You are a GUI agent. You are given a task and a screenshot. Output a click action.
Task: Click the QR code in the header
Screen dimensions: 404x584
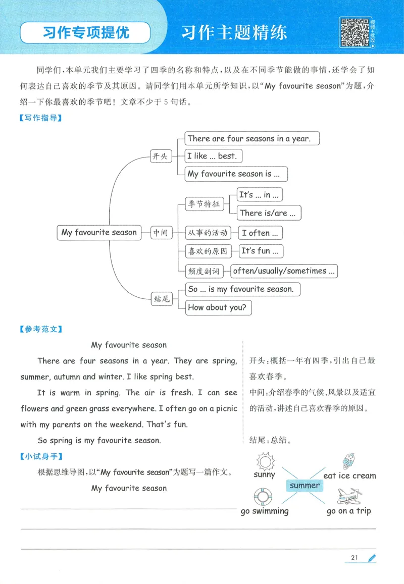[355, 32]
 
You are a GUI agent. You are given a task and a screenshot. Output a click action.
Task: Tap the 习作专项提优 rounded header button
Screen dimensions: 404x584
[85, 33]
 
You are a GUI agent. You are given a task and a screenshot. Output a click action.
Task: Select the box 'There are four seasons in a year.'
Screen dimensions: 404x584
[252, 138]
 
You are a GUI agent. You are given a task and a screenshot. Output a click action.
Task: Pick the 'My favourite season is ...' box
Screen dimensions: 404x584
[236, 174]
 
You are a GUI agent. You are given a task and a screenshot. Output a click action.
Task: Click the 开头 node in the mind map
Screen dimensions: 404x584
[160, 156]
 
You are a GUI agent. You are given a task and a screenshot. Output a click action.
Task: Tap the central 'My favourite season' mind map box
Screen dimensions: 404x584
[99, 233]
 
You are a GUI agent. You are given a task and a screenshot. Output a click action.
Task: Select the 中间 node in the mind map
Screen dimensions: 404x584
[161, 233]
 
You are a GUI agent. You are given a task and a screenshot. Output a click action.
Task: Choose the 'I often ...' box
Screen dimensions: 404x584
[260, 233]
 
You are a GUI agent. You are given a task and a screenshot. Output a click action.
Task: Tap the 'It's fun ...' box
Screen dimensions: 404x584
[261, 251]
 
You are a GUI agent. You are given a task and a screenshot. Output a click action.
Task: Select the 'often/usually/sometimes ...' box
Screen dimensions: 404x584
[284, 271]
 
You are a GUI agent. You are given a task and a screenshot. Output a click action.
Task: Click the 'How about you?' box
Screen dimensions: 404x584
[218, 307]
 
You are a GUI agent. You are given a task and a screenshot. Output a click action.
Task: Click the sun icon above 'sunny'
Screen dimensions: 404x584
[265, 461]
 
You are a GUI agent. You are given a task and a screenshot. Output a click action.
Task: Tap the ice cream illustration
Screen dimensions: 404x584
[348, 461]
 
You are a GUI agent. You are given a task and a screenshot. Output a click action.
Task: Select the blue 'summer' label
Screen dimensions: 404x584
[305, 486]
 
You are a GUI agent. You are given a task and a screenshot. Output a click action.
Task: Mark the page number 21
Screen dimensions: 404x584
[354, 557]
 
